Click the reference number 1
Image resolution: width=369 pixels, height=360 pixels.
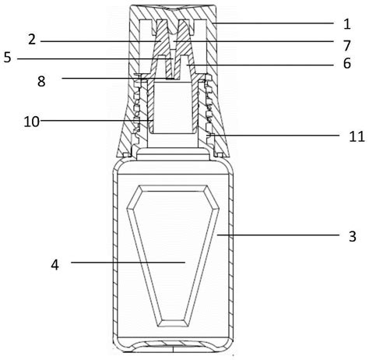coord(347,24)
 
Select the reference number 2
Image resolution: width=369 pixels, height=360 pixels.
coord(32,40)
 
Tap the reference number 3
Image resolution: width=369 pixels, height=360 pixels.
coord(352,236)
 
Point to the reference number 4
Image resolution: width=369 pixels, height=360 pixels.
coord(54,265)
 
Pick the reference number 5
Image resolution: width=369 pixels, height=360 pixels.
coord(7,57)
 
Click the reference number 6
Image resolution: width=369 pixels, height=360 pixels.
coord(347,63)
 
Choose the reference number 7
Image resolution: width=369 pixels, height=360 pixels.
coord(347,46)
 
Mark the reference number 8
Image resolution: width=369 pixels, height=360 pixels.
coord(41,81)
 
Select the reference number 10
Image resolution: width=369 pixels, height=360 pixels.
coord(32,122)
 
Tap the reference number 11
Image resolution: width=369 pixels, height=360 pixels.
coord(357,136)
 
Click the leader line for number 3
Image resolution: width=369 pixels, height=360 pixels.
coord(278,235)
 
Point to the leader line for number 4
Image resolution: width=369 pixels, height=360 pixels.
coord(128,263)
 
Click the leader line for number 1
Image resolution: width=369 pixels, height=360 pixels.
coord(272,23)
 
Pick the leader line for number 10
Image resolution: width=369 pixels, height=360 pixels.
coord(96,120)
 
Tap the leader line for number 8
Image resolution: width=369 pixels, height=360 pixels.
coord(116,78)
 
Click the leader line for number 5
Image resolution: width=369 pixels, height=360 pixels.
coord(95,59)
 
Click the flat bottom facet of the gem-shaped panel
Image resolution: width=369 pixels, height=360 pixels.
coord(173,323)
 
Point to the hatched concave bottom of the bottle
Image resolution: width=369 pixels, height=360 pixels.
coord(173,344)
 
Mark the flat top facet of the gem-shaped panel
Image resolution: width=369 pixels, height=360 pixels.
coord(173,189)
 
